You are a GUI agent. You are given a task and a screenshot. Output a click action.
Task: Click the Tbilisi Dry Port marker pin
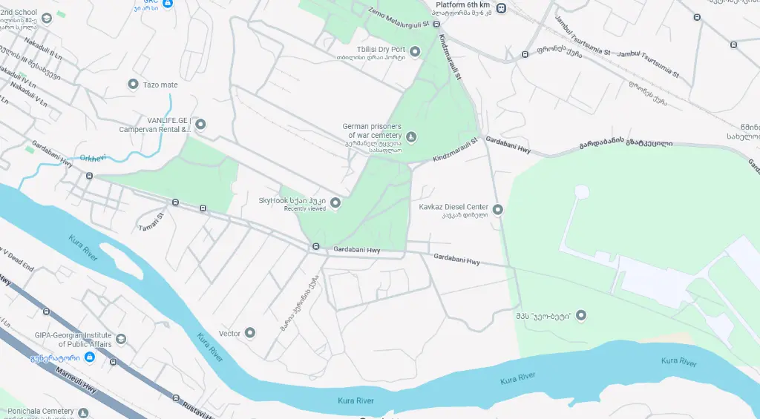(x=415, y=51)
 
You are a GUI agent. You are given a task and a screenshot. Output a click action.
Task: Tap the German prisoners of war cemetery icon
(x=411, y=136)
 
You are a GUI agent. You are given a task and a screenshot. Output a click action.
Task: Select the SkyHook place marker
(x=335, y=202)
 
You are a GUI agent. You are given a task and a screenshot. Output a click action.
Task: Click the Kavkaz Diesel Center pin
(x=498, y=210)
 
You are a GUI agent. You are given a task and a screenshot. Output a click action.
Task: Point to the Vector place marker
(x=250, y=333)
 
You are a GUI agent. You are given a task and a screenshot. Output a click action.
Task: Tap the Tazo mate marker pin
(x=134, y=85)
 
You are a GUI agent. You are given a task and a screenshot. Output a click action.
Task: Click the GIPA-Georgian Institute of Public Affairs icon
(x=121, y=339)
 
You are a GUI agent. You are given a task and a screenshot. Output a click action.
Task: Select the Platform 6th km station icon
(x=502, y=8)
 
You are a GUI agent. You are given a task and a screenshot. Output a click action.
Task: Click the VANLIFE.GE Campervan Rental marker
(x=200, y=124)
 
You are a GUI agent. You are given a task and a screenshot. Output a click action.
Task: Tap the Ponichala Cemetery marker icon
(x=84, y=412)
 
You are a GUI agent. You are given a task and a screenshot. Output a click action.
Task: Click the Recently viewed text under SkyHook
(x=304, y=209)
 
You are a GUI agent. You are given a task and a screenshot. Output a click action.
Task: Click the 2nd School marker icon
(x=46, y=18)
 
